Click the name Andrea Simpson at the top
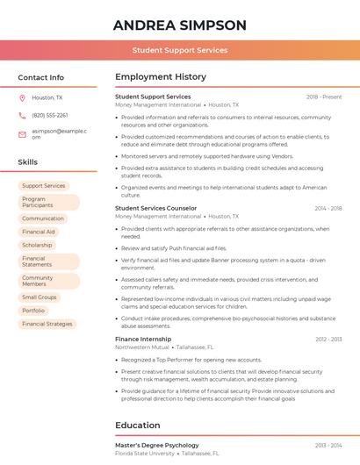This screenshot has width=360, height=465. point(180,25)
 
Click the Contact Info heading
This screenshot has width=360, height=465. point(41,77)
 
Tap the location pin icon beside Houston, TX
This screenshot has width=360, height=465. point(23,97)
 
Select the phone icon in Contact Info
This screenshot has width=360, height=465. point(23,115)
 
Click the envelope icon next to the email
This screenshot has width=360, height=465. point(23,133)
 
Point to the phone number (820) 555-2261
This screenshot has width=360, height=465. point(50,115)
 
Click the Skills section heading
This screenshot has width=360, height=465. point(28,162)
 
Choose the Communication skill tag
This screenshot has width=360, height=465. point(43,218)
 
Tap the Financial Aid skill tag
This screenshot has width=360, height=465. point(39,232)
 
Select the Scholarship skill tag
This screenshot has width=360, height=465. point(37,245)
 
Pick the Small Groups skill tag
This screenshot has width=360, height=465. point(40,297)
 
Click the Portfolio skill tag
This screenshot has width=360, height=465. point(33,311)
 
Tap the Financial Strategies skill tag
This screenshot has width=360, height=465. point(47,324)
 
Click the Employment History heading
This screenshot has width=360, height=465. point(161,77)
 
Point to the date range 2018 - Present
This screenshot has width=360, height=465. point(324,97)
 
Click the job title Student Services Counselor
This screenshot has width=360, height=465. point(156,208)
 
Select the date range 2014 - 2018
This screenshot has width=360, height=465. point(328,208)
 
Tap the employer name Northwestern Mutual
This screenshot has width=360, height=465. point(142,347)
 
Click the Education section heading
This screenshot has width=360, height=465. point(138,426)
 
